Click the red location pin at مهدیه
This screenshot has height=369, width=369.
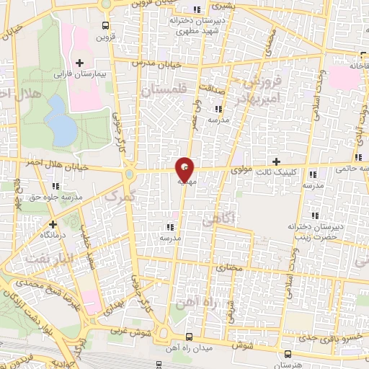click(185, 169)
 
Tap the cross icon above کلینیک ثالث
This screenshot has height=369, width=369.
click(275, 161)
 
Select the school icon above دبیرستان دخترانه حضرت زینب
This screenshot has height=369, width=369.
click(315, 215)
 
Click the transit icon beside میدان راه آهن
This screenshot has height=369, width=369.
click(189, 337)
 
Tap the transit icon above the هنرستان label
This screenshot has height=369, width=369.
click(288, 354)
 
